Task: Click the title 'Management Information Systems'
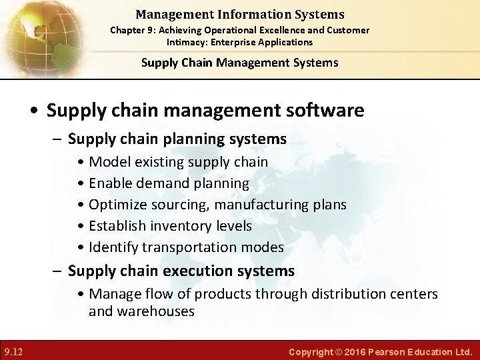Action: (x=239, y=14)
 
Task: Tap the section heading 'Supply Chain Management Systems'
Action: (x=239, y=63)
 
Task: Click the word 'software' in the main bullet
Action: (x=327, y=110)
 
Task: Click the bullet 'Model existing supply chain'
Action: (x=178, y=162)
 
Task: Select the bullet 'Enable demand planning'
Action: (x=169, y=183)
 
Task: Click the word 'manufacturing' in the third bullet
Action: (x=261, y=205)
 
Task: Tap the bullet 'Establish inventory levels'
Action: (x=170, y=226)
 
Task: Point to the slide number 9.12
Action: (x=14, y=351)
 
